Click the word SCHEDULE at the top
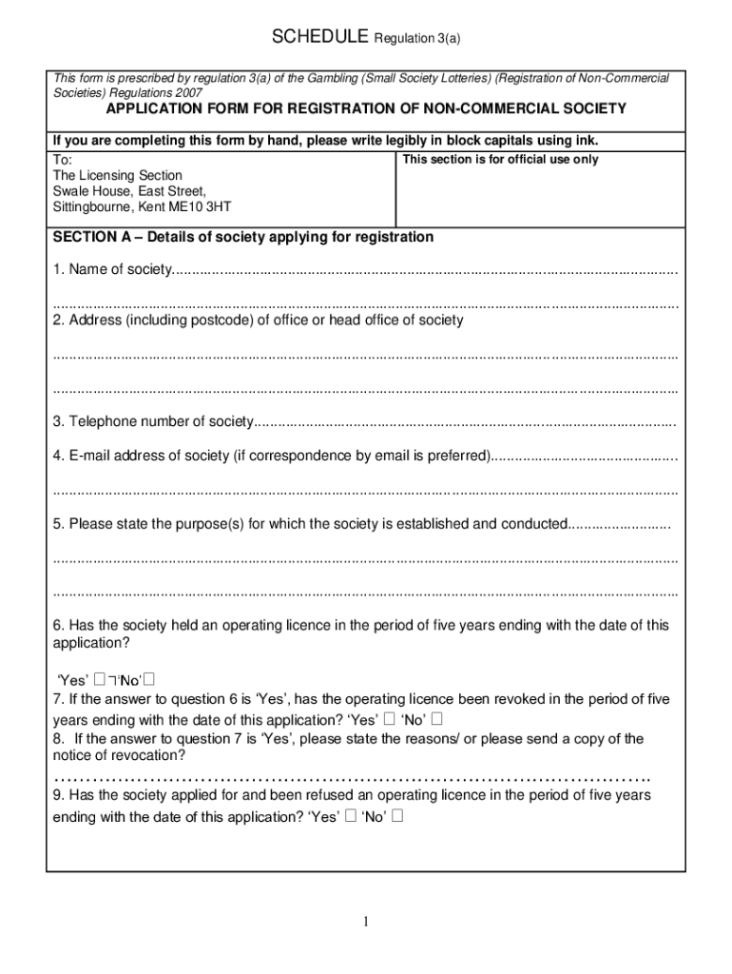[x=320, y=38]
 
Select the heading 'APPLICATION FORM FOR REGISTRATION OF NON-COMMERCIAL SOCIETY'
[x=365, y=109]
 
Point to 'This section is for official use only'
[x=500, y=160]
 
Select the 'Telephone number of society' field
[x=465, y=422]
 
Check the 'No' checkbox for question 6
[x=150, y=679]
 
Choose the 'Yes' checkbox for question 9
[x=350, y=816]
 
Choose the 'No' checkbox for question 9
[x=397, y=816]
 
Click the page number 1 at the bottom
[x=365, y=922]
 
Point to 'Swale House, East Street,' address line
[x=129, y=191]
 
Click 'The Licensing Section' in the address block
[x=118, y=176]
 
